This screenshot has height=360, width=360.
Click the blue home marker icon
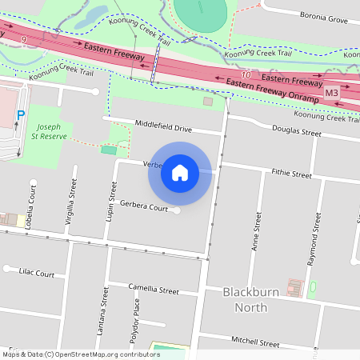179,172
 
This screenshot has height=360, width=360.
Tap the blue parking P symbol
22,114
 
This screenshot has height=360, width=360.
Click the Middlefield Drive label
164,127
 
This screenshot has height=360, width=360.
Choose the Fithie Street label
291,173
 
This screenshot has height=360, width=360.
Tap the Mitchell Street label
255,342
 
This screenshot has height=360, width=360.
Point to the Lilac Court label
36,274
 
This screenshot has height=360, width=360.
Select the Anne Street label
258,232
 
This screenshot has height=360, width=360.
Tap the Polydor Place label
135,316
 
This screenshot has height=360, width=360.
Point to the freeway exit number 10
245,74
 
